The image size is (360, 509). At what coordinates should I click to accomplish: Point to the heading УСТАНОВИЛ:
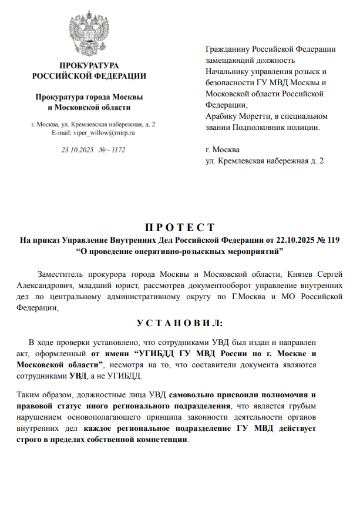coord(180,323)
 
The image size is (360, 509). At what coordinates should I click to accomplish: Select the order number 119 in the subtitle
coord(333,240)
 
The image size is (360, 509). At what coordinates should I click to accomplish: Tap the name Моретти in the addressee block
coord(255,116)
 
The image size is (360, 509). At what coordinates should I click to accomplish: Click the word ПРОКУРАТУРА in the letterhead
coord(89,65)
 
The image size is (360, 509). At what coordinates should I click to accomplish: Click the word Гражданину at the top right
coord(230,49)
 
